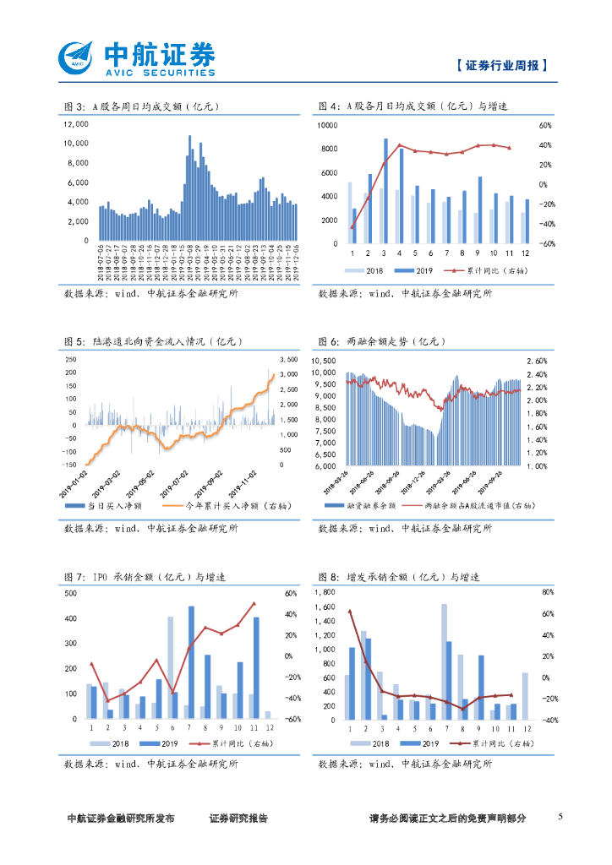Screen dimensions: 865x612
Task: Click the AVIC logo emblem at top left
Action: (77, 57)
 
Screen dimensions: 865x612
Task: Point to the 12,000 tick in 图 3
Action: (76, 123)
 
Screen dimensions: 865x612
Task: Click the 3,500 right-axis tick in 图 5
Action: (288, 359)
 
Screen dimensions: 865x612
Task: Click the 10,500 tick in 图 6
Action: (325, 362)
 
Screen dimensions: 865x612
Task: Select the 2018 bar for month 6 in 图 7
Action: (170, 667)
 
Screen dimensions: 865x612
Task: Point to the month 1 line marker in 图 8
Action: (349, 610)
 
